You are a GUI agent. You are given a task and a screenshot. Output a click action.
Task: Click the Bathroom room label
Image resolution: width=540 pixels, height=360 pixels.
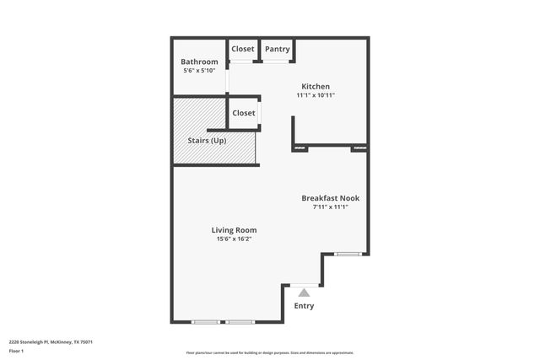click(x=200, y=62)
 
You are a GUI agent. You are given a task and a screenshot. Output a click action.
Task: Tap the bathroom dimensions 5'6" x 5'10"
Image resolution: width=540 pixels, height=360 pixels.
click(x=200, y=71)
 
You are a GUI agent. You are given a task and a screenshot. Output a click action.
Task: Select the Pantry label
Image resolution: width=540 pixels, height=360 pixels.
click(x=278, y=49)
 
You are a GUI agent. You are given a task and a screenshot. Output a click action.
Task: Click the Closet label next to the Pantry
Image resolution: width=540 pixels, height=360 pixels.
click(x=243, y=49)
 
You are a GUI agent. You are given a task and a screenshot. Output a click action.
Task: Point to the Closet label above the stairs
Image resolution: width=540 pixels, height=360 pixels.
click(x=244, y=113)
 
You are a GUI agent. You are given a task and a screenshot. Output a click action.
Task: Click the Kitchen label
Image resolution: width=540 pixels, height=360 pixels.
click(x=316, y=86)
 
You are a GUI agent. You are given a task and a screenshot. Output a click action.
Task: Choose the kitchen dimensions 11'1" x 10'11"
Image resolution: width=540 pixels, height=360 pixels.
click(x=316, y=95)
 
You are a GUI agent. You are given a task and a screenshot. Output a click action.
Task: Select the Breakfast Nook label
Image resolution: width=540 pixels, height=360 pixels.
click(x=331, y=198)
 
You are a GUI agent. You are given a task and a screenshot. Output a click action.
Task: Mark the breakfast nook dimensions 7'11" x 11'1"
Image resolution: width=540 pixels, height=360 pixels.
click(x=331, y=207)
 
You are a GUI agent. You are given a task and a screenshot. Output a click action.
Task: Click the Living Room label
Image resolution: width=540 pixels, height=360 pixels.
click(x=234, y=229)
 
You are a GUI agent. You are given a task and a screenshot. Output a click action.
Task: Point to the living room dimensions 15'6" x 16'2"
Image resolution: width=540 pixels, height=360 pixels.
click(x=234, y=239)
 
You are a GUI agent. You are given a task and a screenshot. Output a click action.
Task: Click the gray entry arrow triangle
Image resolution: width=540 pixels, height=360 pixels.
click(x=304, y=292)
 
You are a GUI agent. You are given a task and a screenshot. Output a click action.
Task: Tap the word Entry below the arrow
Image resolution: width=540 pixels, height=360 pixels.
click(x=304, y=306)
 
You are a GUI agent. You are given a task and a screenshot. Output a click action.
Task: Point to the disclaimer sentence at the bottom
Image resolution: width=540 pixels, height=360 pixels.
click(x=270, y=352)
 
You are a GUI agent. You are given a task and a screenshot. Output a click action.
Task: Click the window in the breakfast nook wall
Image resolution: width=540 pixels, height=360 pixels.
click(x=348, y=254)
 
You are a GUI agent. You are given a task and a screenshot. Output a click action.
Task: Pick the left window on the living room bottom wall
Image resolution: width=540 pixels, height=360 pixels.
click(x=205, y=322)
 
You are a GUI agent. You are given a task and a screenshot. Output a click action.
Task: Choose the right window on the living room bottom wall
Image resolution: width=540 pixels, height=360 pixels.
click(x=240, y=322)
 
